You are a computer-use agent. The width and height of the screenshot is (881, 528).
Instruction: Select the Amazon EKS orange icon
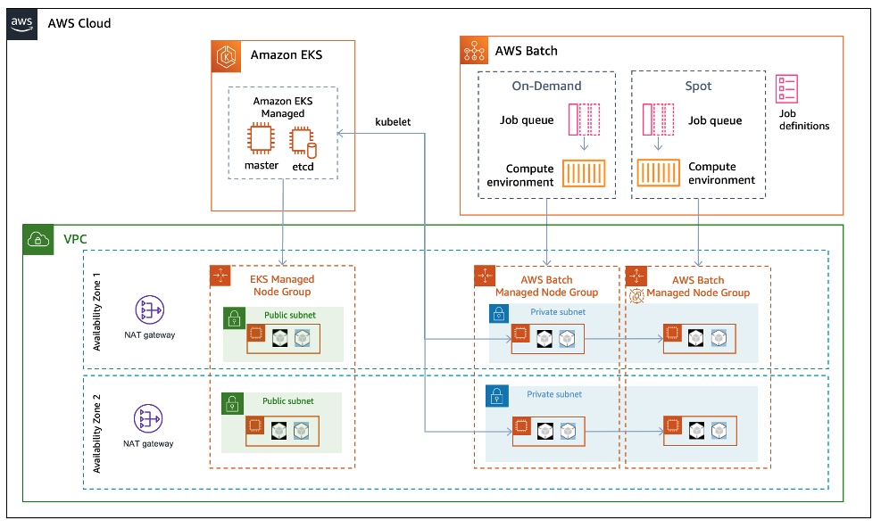coord(227,55)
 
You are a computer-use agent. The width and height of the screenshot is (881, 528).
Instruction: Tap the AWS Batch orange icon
coord(474,51)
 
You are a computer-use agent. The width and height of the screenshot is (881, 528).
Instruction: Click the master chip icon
coord(260,139)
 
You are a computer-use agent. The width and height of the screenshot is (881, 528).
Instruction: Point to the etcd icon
coord(303,140)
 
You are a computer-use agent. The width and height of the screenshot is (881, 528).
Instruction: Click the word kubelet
coord(393,121)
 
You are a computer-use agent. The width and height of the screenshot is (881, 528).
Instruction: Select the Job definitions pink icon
coord(787,89)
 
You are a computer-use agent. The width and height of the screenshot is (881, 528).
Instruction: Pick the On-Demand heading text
coord(546,87)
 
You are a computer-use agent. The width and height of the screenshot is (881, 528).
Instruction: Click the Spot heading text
coord(698,87)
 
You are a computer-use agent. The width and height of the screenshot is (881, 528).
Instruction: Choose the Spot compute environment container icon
coord(660,173)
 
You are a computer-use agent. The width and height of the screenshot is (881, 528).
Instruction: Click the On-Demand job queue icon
coord(584,119)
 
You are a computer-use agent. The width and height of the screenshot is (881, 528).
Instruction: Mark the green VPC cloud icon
coord(38,240)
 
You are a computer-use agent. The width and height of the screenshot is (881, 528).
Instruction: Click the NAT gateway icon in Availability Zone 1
coord(148,310)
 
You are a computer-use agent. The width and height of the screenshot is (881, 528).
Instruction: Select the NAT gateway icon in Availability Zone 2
coord(148,418)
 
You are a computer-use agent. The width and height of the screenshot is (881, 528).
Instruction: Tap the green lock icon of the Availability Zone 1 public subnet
coord(234,319)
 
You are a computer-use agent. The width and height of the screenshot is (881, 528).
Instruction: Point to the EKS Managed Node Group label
coord(281,285)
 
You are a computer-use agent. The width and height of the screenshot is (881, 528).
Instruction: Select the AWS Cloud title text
coord(79,23)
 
